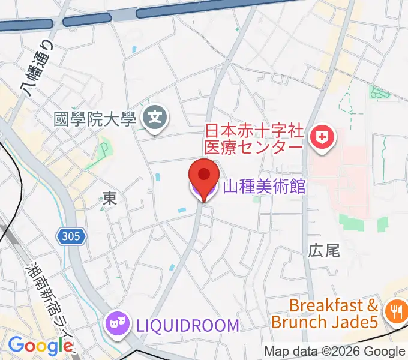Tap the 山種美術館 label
[x=264, y=187]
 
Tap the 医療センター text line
[x=254, y=147]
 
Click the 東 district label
[x=109, y=197]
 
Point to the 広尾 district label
[x=324, y=250]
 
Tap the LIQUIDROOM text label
[x=187, y=325]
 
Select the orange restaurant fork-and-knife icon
[x=395, y=311]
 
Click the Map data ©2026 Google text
[x=335, y=352]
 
